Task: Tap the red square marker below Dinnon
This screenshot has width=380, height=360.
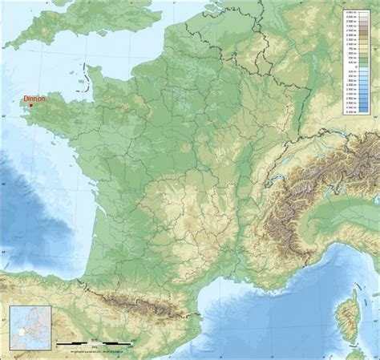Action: [x=30, y=105]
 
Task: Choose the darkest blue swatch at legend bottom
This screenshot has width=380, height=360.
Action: [x=365, y=112]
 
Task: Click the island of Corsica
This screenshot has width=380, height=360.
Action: [x=346, y=313]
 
